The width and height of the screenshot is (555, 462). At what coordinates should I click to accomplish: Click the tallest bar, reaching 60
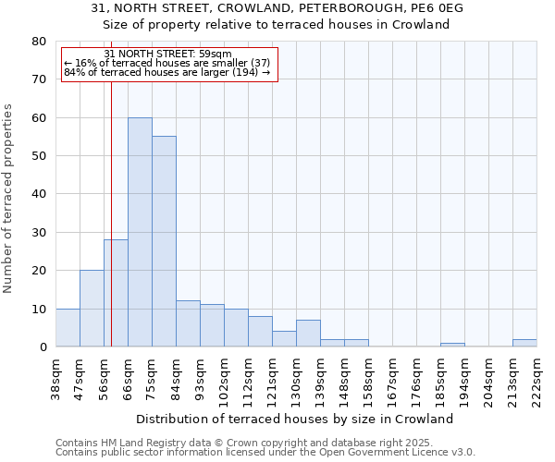click(x=140, y=232)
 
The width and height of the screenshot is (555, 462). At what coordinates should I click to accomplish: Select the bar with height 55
click(x=164, y=242)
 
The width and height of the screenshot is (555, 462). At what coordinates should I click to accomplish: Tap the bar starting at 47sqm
click(x=92, y=309)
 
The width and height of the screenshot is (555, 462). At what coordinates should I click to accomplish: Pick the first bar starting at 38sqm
click(x=68, y=328)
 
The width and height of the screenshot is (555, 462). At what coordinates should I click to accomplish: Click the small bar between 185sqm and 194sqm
click(x=452, y=345)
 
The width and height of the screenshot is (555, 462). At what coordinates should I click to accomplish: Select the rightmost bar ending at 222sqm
click(x=524, y=343)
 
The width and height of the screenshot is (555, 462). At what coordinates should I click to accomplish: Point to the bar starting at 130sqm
click(x=308, y=334)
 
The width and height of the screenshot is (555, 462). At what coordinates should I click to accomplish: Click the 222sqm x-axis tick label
click(x=536, y=379)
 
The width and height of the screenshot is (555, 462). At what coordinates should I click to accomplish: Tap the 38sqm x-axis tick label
click(x=55, y=379)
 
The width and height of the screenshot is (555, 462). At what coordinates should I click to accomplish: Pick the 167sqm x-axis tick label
click(x=392, y=379)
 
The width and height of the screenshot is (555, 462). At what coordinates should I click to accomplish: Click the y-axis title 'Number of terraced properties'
click(x=8, y=198)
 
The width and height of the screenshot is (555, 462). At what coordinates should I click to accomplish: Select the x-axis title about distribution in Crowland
click(x=301, y=419)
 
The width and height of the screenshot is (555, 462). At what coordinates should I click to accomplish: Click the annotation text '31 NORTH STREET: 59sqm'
click(x=168, y=55)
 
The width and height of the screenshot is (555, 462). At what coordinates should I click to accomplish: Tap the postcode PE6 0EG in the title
click(x=431, y=8)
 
